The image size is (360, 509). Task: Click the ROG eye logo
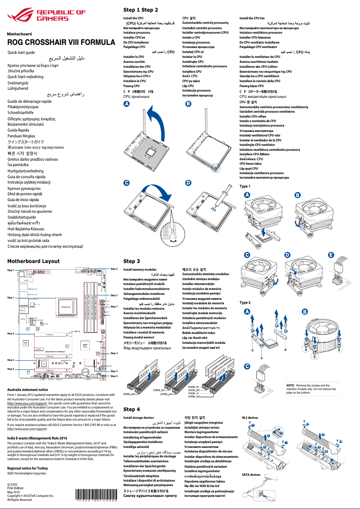point(21,16)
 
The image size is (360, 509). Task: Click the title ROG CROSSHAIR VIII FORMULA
point(61,43)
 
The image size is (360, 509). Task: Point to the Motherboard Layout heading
point(33,261)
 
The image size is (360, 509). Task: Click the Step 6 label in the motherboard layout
point(114,376)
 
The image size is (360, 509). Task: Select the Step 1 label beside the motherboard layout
point(11,298)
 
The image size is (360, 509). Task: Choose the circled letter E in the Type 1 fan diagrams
point(331,255)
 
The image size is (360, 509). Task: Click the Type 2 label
point(245,303)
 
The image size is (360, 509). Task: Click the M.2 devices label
point(250,417)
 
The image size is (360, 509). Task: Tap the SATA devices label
point(251,474)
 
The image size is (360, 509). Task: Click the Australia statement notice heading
point(28,390)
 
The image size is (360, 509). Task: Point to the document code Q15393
point(13,485)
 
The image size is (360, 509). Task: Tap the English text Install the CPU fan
point(252,18)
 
